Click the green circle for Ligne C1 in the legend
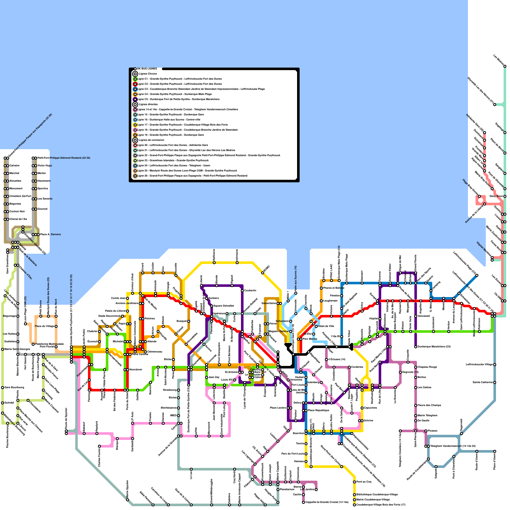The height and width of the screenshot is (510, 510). pyautogui.click(x=135, y=79)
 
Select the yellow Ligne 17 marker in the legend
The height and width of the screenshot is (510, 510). pyautogui.click(x=135, y=125)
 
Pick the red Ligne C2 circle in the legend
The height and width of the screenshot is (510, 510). pyautogui.click(x=135, y=84)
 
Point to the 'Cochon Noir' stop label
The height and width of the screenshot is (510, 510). pyautogui.click(x=17, y=211)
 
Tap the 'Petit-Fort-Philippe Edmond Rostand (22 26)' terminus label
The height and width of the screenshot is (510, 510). pyautogui.click(x=64, y=158)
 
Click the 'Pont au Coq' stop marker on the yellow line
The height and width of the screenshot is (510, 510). pyautogui.click(x=354, y=482)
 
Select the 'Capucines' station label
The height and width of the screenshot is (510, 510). pyautogui.click(x=370, y=408)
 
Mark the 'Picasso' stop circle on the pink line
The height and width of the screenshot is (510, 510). pyautogui.click(x=426, y=431)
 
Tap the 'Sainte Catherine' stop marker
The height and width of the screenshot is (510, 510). pyautogui.click(x=495, y=382)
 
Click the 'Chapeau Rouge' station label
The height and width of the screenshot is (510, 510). pyautogui.click(x=427, y=367)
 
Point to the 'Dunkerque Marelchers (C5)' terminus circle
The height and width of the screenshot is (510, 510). pyautogui.click(x=416, y=347)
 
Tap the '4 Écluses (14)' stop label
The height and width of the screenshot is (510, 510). pyautogui.click(x=337, y=359)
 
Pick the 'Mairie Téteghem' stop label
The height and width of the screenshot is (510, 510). pyautogui.click(x=427, y=415)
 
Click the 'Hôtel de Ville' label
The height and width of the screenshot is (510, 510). pyautogui.click(x=326, y=326)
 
